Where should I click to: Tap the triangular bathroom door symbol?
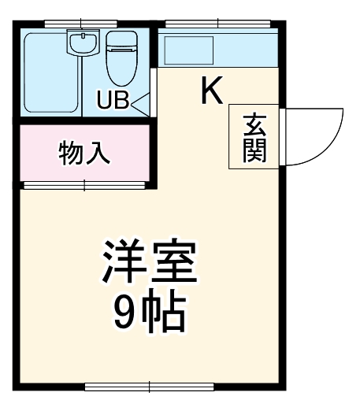click(140, 102)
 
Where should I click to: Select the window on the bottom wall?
click(150, 387)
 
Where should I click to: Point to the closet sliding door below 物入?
click(84, 186)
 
